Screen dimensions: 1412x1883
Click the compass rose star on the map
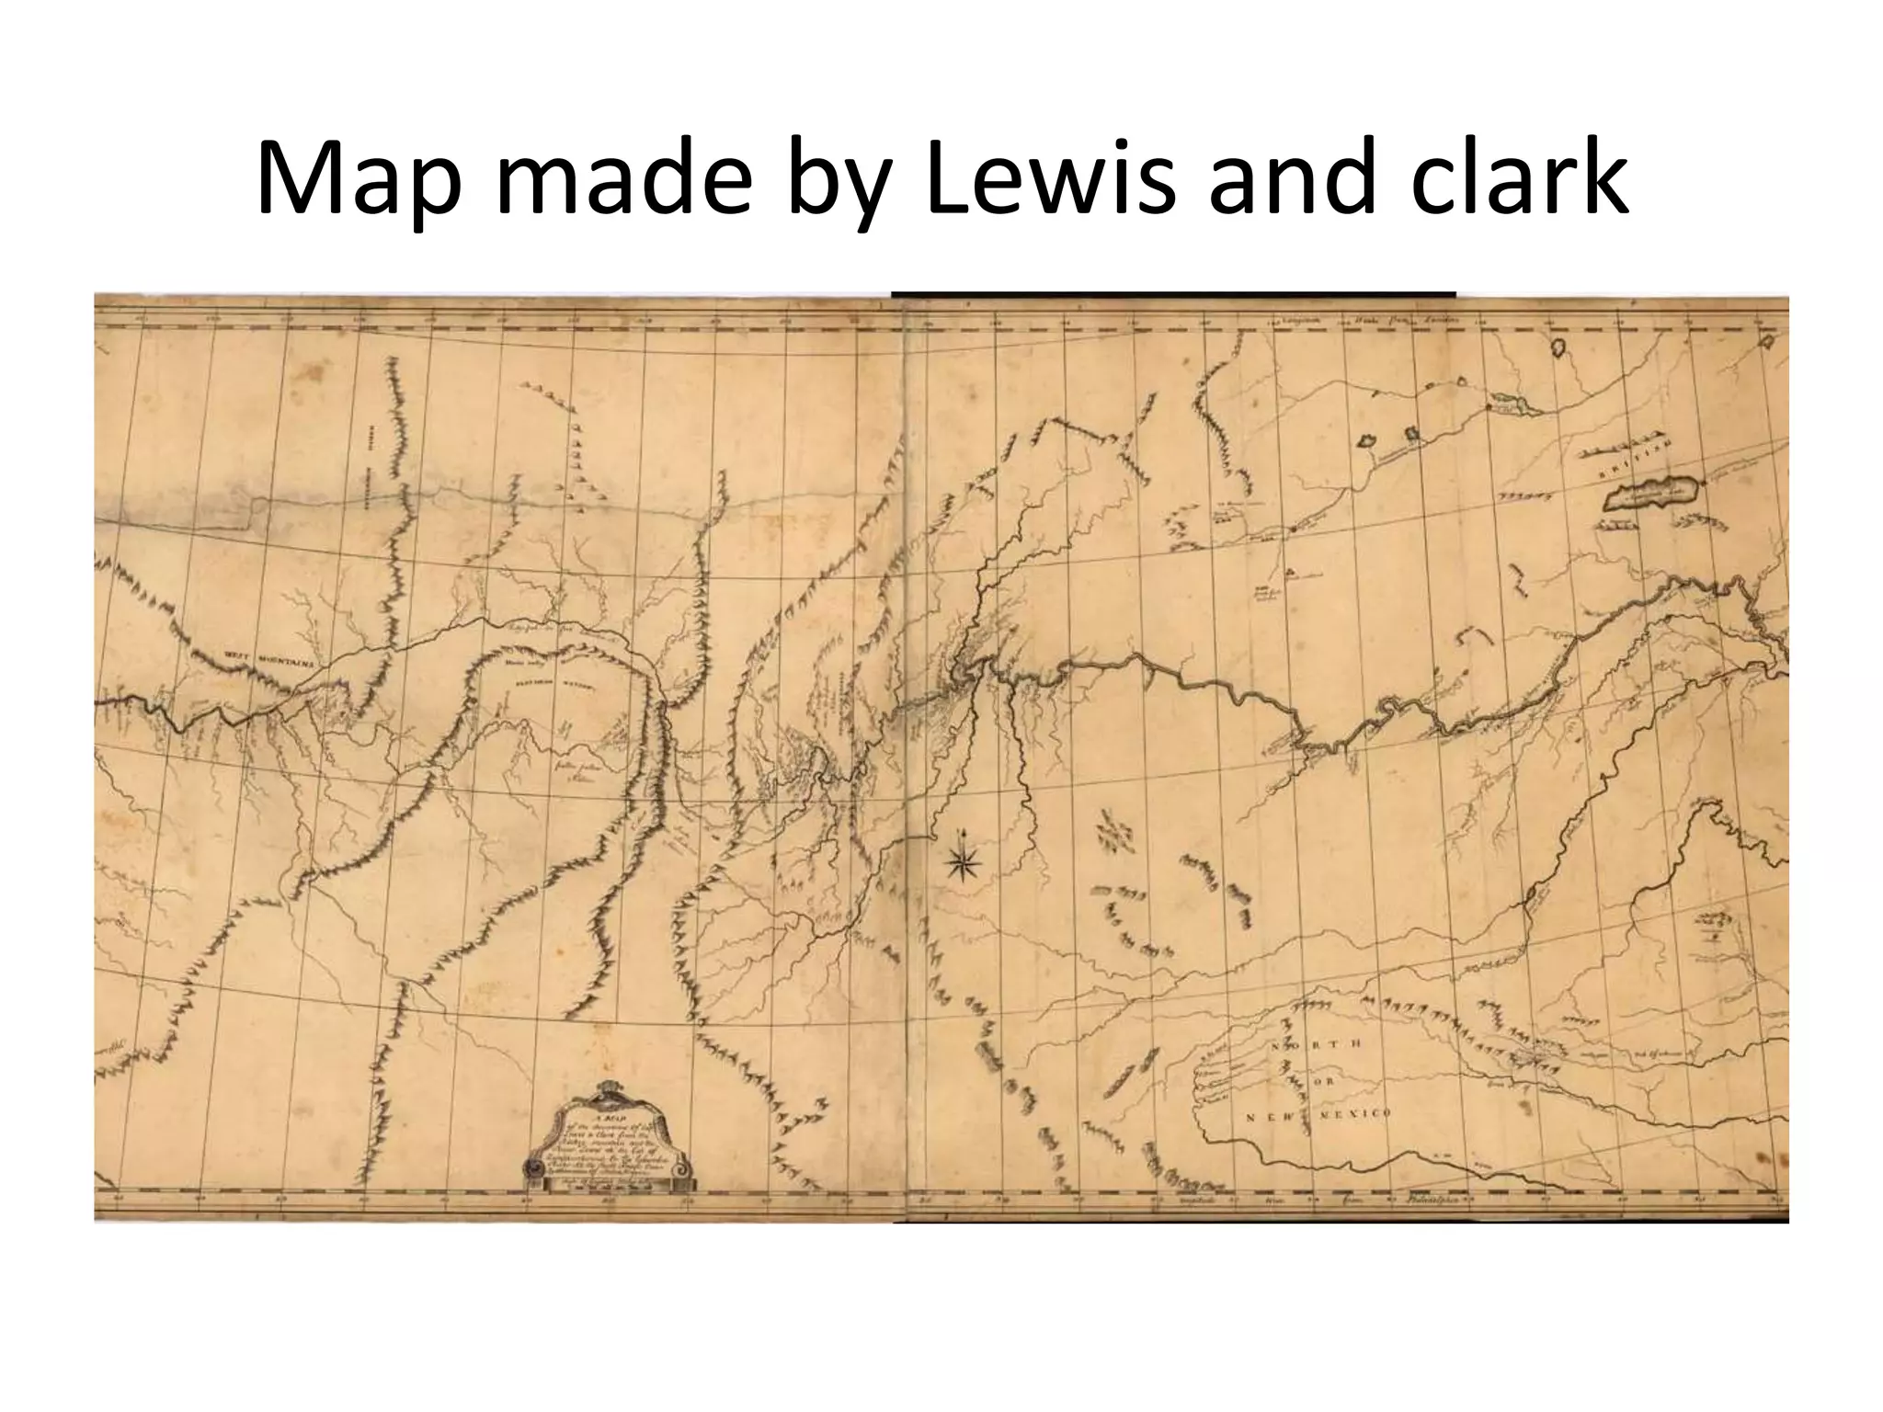(x=963, y=861)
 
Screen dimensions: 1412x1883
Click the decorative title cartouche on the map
(x=609, y=1141)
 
